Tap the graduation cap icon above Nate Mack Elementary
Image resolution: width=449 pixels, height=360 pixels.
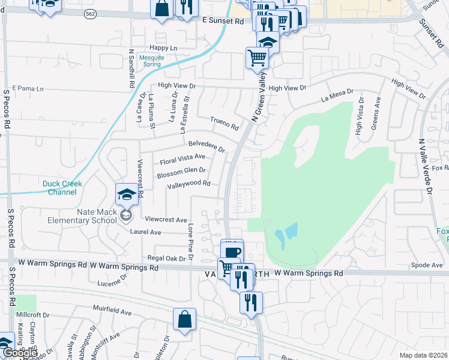[127, 194]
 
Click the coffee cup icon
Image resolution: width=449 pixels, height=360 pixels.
[232, 252]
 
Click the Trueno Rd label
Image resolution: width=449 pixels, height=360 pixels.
[224, 124]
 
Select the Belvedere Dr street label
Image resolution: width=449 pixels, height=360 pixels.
[206, 146]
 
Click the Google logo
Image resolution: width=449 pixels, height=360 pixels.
[20, 353]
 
